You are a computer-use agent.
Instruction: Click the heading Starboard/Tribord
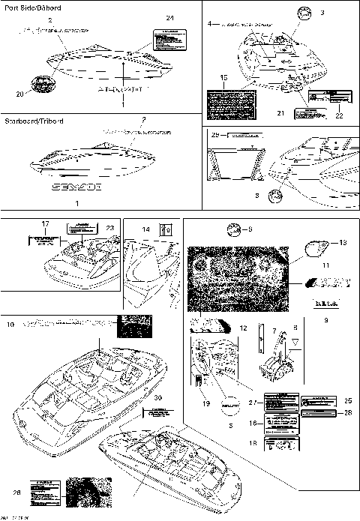pos(34,121)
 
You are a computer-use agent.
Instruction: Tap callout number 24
pos(169,17)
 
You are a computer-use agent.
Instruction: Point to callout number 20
pos(19,94)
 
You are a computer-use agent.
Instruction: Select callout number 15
pos(223,77)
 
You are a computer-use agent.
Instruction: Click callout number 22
pos(338,115)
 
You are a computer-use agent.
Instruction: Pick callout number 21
pos(281,113)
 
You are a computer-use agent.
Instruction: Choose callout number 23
pos(110,228)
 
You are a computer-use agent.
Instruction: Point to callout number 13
pos(344,243)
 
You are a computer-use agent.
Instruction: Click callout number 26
pos(17,492)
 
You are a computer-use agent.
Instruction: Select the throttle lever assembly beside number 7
pos(274,367)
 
